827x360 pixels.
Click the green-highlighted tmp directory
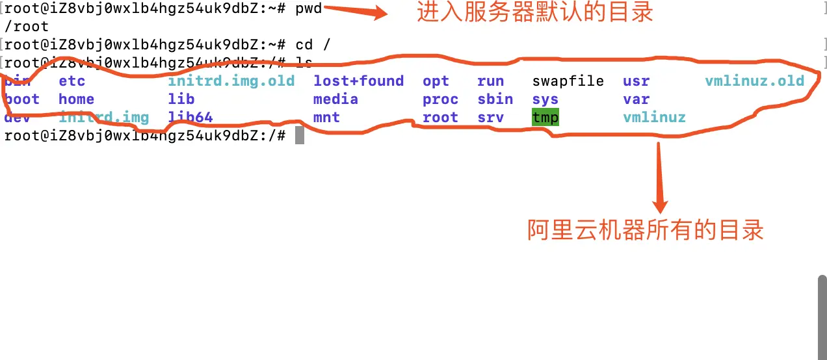point(545,118)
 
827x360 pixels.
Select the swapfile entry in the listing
point(568,81)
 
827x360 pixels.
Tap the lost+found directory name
point(358,81)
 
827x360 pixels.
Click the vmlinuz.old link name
point(754,81)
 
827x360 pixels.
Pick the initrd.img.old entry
point(231,81)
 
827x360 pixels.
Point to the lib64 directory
point(190,118)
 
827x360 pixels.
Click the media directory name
point(335,99)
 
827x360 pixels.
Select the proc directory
point(440,99)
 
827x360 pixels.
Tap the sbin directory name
point(495,99)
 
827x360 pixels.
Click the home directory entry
point(76,99)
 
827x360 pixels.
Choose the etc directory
point(72,81)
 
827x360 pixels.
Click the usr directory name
point(636,81)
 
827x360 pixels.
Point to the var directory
point(636,99)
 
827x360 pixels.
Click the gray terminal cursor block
point(300,135)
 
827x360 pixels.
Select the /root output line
point(26,27)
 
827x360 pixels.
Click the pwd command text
point(308,9)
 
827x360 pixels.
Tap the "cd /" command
point(313,45)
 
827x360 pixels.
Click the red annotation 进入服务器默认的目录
point(534,12)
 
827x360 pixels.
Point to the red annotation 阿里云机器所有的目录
point(645,230)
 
